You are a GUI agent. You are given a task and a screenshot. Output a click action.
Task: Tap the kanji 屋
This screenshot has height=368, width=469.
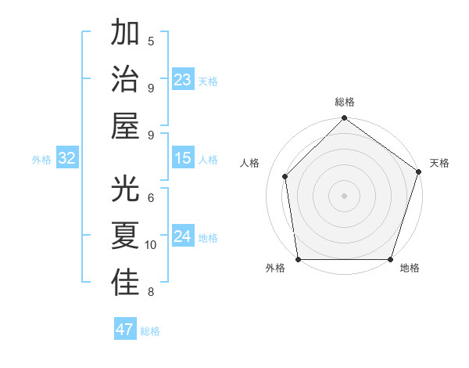126,125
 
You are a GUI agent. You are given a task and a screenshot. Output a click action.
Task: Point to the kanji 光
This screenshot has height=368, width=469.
126,190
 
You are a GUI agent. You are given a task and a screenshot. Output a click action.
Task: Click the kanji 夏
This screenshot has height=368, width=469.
126,236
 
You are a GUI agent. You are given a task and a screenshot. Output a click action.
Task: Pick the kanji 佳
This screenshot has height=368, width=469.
126,283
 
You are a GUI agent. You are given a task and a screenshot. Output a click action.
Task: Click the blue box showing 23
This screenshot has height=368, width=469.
183,80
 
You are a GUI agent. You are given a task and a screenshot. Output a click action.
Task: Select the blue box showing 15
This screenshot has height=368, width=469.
183,158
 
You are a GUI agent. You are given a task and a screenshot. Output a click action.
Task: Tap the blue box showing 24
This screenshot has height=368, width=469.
183,236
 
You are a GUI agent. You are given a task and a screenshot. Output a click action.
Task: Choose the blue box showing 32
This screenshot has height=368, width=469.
67,158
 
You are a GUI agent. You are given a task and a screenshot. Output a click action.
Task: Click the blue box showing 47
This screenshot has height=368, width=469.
125,330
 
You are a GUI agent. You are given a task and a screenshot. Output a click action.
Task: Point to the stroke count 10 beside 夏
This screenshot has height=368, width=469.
151,245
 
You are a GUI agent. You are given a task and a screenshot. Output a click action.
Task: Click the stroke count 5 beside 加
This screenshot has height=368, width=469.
151,41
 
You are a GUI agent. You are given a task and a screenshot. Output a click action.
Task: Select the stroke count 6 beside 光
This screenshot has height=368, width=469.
151,199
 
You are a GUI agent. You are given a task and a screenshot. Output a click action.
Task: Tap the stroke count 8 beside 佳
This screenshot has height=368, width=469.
151,292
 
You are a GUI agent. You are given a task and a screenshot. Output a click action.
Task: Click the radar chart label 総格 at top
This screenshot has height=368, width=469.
345,103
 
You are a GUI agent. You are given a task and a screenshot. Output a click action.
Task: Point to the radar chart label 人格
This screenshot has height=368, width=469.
250,163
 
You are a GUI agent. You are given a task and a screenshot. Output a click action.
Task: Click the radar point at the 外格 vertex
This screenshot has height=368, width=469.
299,259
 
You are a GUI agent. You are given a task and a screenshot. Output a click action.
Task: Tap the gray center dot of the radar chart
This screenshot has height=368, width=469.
344,195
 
